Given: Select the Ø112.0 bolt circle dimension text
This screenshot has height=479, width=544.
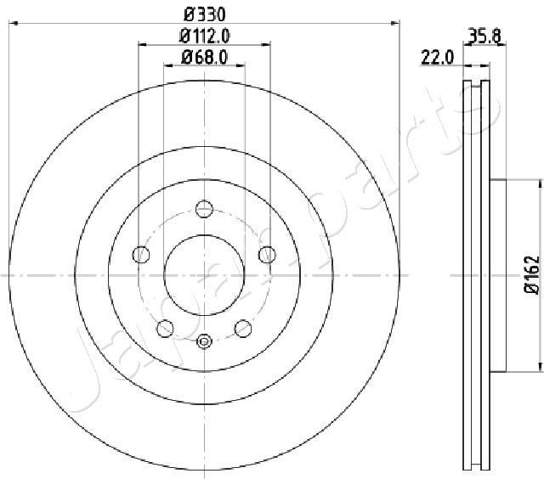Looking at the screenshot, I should (205, 36).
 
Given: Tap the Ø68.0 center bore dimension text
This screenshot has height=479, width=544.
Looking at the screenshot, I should (205, 58).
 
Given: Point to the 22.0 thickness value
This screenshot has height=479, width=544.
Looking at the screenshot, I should (439, 58).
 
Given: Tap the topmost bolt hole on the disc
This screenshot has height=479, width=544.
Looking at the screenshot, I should (204, 207).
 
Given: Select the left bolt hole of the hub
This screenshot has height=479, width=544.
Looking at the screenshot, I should (140, 253).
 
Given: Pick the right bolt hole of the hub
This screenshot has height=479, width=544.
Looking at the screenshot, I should (268, 253).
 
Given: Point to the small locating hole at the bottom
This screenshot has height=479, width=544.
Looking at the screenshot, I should (204, 341).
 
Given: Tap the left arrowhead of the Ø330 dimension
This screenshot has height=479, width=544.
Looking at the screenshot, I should (12, 24).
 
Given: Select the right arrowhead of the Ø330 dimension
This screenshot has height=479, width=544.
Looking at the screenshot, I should (396, 24).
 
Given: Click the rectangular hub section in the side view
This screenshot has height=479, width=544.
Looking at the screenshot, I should (498, 275).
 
